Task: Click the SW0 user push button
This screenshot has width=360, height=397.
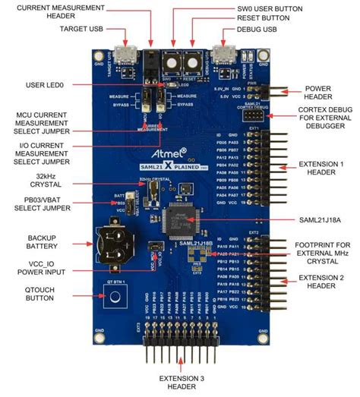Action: [x=172, y=62]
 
